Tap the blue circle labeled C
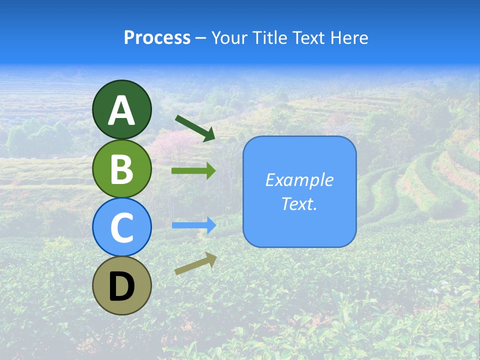(121, 227)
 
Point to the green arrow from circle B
(193, 171)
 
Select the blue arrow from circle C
(193, 225)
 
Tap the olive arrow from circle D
(195, 263)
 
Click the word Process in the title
(157, 37)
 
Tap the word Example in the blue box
(299, 180)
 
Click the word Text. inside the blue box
(299, 203)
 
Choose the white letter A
(121, 110)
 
